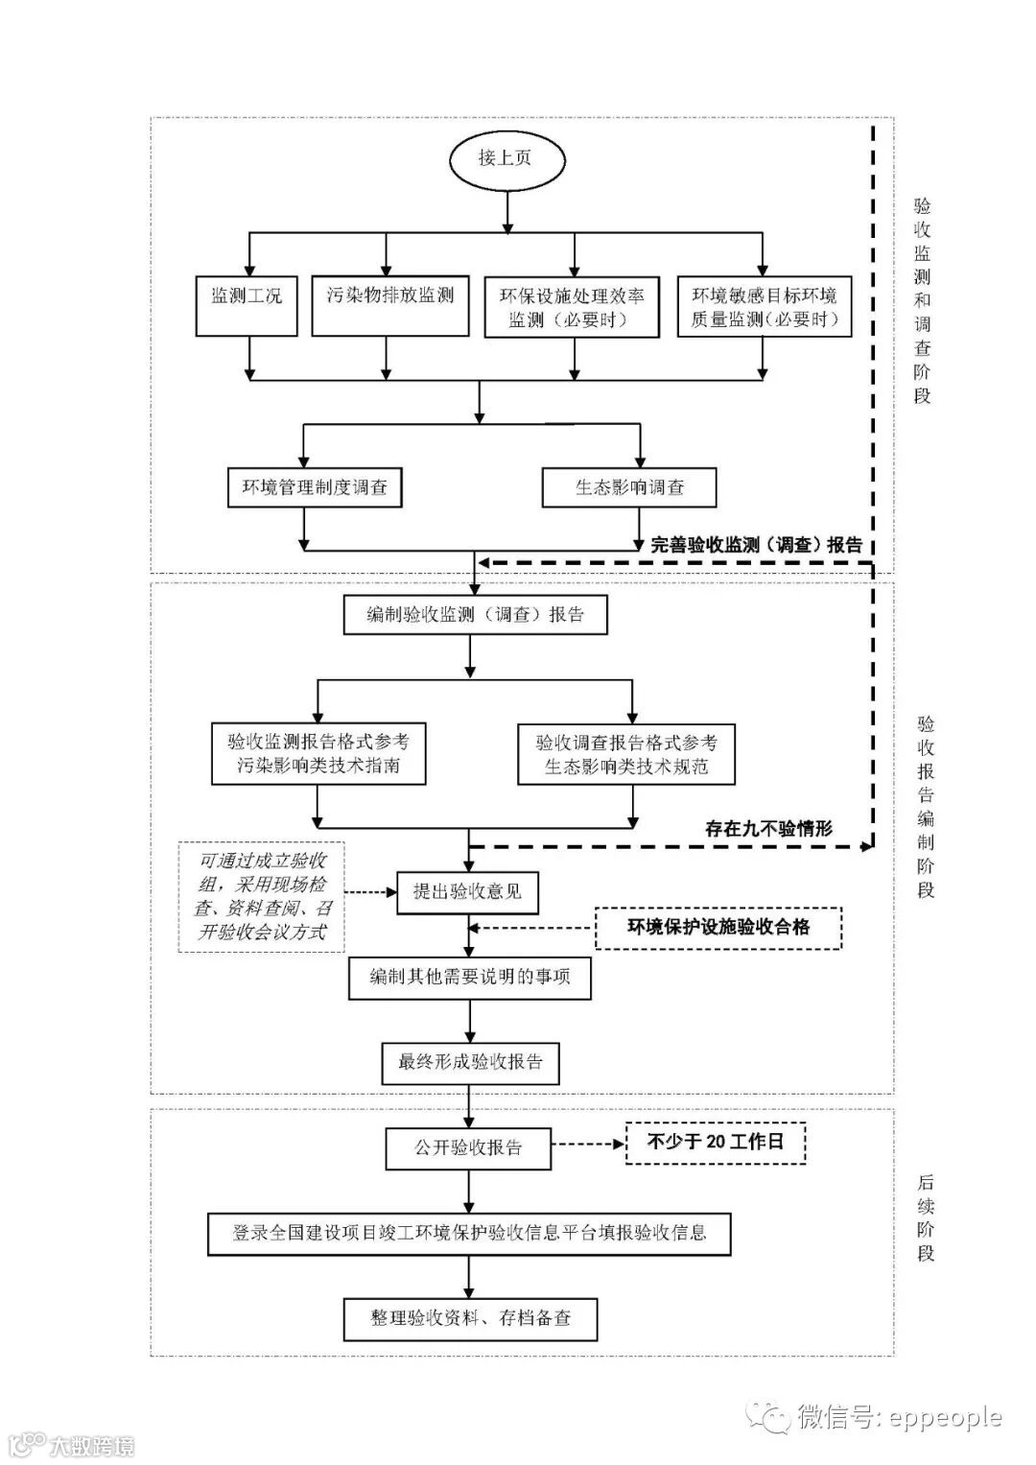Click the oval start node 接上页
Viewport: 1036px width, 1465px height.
pyautogui.click(x=505, y=159)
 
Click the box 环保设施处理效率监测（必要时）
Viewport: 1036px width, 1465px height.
pyautogui.click(x=573, y=307)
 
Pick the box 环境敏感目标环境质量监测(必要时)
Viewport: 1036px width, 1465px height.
pyautogui.click(x=765, y=307)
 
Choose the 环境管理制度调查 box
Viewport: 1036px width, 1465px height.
pyautogui.click(x=315, y=487)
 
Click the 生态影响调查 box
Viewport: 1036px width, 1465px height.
pyautogui.click(x=629, y=487)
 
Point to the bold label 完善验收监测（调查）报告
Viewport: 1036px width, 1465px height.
pyautogui.click(x=757, y=545)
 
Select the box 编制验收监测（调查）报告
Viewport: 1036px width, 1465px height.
pyautogui.click(x=476, y=615)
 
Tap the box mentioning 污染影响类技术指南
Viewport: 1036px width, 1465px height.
pyautogui.click(x=318, y=753)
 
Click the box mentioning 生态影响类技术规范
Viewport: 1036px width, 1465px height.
pyautogui.click(x=626, y=755)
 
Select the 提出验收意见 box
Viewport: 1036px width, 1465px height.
pyautogui.click(x=468, y=891)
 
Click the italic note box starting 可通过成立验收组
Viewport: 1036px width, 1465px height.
pyautogui.click(x=261, y=897)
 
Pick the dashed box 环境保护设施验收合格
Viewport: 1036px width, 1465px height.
pyautogui.click(x=718, y=928)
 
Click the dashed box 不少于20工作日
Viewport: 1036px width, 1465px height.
pyautogui.click(x=716, y=1142)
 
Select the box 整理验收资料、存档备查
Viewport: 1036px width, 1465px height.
pyautogui.click(x=470, y=1318)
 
